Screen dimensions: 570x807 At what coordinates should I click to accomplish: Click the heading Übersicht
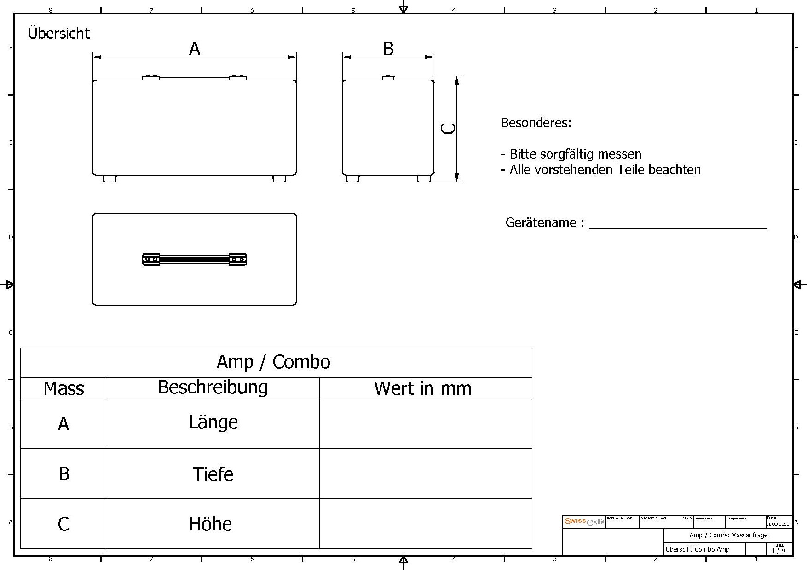(x=59, y=33)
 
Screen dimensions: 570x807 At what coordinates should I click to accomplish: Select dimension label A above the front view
(x=195, y=49)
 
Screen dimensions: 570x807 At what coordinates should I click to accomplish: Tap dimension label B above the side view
(x=388, y=49)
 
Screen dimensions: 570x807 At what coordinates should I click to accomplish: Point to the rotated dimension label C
(x=448, y=128)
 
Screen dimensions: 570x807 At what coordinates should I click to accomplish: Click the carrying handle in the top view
(x=194, y=260)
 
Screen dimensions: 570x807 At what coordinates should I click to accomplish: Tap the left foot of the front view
(x=110, y=179)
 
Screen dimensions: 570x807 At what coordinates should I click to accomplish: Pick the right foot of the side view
(x=424, y=179)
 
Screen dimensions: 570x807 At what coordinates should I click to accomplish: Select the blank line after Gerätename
(x=678, y=224)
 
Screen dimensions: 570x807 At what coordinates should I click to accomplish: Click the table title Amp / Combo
(x=273, y=362)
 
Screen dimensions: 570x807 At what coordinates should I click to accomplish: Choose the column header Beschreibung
(x=213, y=388)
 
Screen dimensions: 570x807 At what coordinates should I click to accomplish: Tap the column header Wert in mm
(x=423, y=389)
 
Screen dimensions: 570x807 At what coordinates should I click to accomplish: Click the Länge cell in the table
(x=213, y=422)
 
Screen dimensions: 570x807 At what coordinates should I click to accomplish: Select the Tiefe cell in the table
(x=213, y=474)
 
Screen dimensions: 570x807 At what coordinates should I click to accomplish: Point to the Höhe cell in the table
(x=211, y=524)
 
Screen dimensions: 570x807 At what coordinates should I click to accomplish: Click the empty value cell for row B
(x=426, y=473)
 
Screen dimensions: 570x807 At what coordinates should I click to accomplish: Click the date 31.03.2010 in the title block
(x=778, y=524)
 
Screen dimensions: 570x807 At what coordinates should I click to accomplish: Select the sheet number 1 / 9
(x=778, y=550)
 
